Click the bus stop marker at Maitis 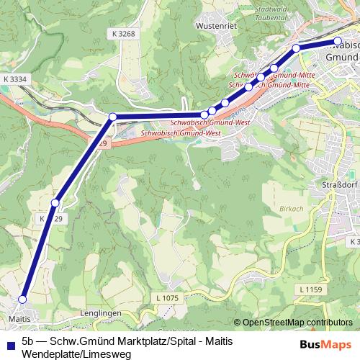click(22, 300)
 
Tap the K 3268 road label click(123, 33)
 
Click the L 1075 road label click(166, 297)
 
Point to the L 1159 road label click(308, 289)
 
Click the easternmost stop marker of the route click(338, 41)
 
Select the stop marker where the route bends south click(112, 117)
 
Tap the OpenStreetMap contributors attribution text click(297, 323)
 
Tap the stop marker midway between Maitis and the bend click(55, 202)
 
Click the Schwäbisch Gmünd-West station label click(180, 133)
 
